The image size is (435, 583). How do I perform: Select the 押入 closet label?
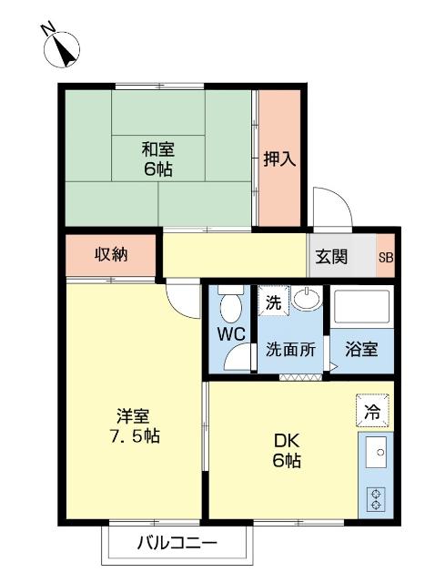pos(279,159)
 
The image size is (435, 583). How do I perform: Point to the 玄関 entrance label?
pos(332,257)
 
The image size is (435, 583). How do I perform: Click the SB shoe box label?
pos(386,257)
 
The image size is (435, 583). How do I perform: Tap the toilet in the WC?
pos(231,302)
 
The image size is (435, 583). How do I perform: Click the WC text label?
pos(231,333)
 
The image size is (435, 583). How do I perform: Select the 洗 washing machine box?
pos(273,302)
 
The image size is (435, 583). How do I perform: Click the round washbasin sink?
pos(307,300)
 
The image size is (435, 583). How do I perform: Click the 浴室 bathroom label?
pos(360,349)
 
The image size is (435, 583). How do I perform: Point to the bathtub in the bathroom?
pos(359,307)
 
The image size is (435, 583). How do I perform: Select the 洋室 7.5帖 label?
pos(133,426)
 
